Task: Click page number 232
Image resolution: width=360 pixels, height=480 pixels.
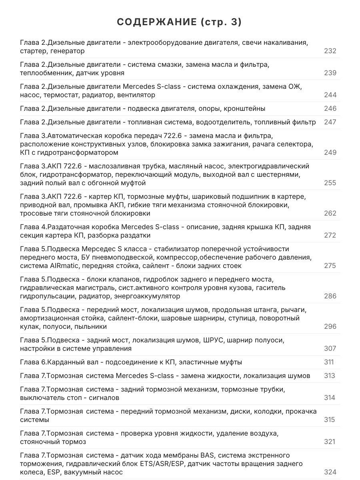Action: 330,51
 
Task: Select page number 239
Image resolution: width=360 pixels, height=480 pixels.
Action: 330,73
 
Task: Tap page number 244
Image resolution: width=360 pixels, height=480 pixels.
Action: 330,95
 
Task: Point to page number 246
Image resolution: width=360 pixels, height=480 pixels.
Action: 330,108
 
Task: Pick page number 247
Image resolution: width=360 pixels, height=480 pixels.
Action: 330,122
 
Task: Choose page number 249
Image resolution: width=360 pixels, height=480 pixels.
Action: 330,152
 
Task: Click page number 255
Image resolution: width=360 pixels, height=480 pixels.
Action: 330,183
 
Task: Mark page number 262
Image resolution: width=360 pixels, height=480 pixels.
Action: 330,213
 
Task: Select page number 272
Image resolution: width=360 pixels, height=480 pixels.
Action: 330,235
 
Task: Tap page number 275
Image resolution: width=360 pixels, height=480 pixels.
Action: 330,266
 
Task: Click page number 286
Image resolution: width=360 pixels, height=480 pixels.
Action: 330,296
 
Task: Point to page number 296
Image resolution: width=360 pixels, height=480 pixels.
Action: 330,326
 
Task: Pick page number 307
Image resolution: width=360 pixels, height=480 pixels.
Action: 330,348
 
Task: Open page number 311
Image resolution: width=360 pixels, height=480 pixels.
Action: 329,362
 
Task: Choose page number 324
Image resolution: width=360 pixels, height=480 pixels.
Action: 330,472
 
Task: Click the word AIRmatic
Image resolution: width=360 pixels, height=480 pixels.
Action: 60,266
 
